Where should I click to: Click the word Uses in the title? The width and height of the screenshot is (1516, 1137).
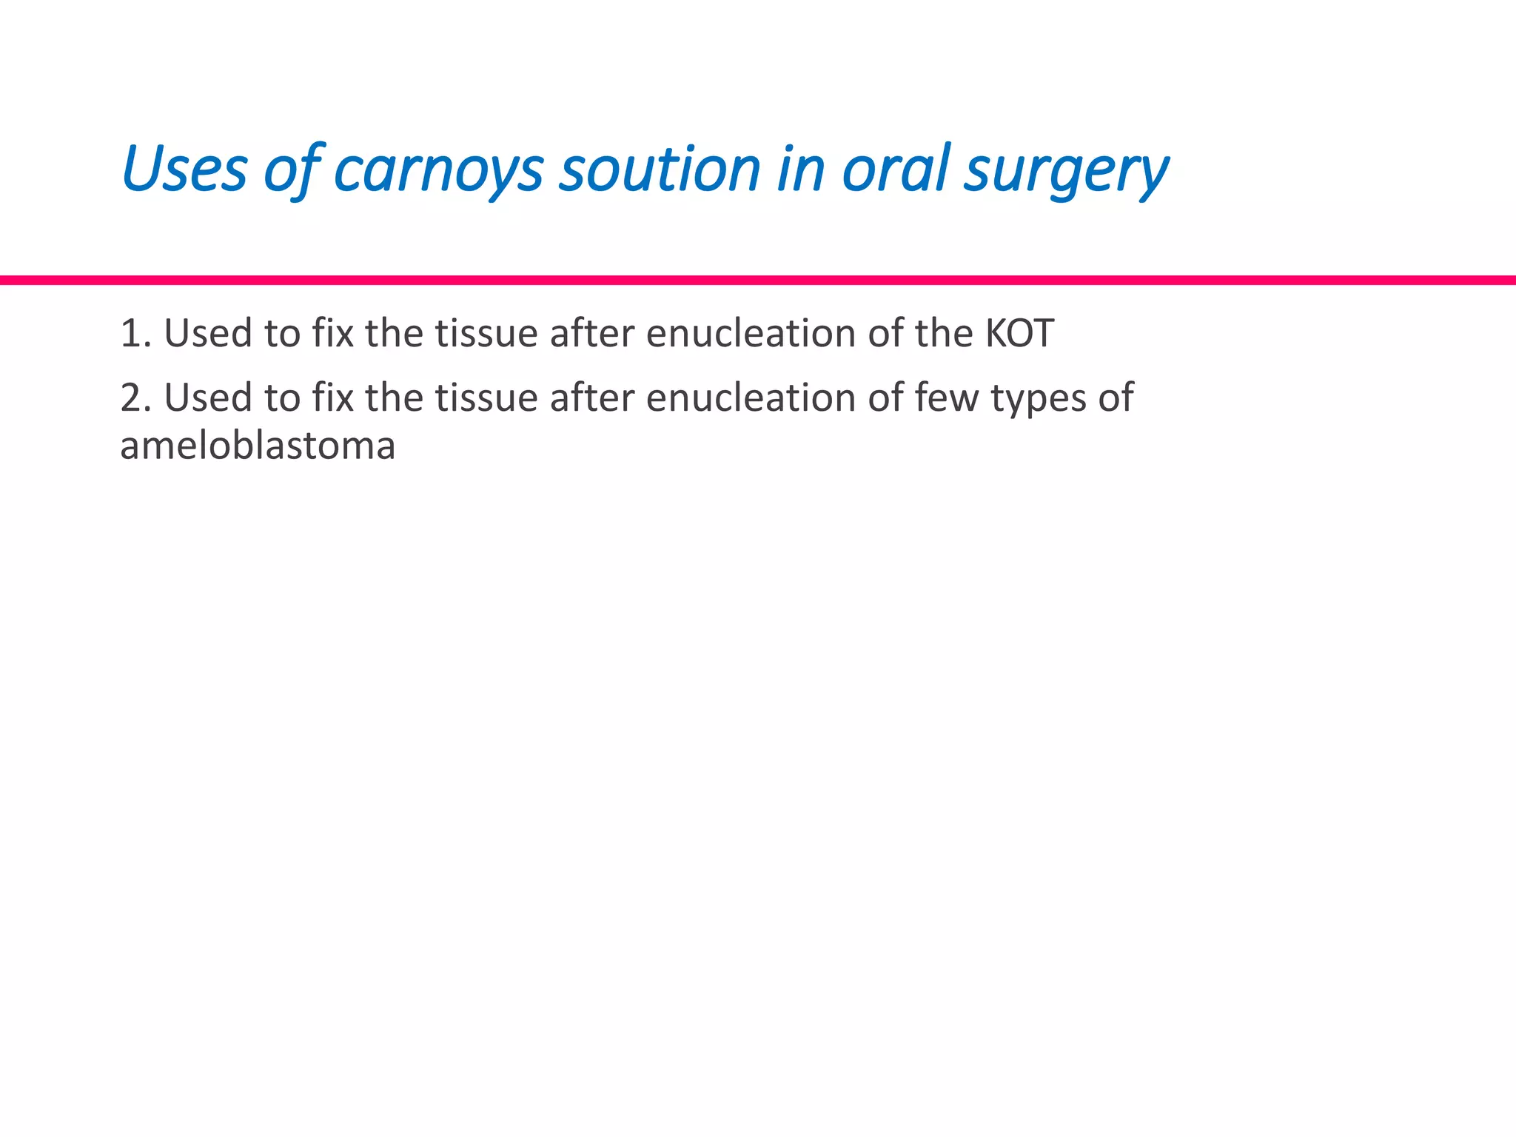pos(184,169)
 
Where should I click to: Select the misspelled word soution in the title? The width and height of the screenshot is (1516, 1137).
pos(660,169)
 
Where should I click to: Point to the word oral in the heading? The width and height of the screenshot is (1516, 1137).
pos(896,169)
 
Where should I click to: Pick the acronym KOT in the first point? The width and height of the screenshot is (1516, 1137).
pos(1019,333)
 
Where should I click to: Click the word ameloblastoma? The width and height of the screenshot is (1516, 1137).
pos(258,446)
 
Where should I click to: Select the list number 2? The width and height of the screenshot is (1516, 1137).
pos(134,398)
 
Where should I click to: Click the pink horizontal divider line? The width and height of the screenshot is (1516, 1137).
pos(758,280)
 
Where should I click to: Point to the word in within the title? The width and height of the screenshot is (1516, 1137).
pos(800,169)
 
